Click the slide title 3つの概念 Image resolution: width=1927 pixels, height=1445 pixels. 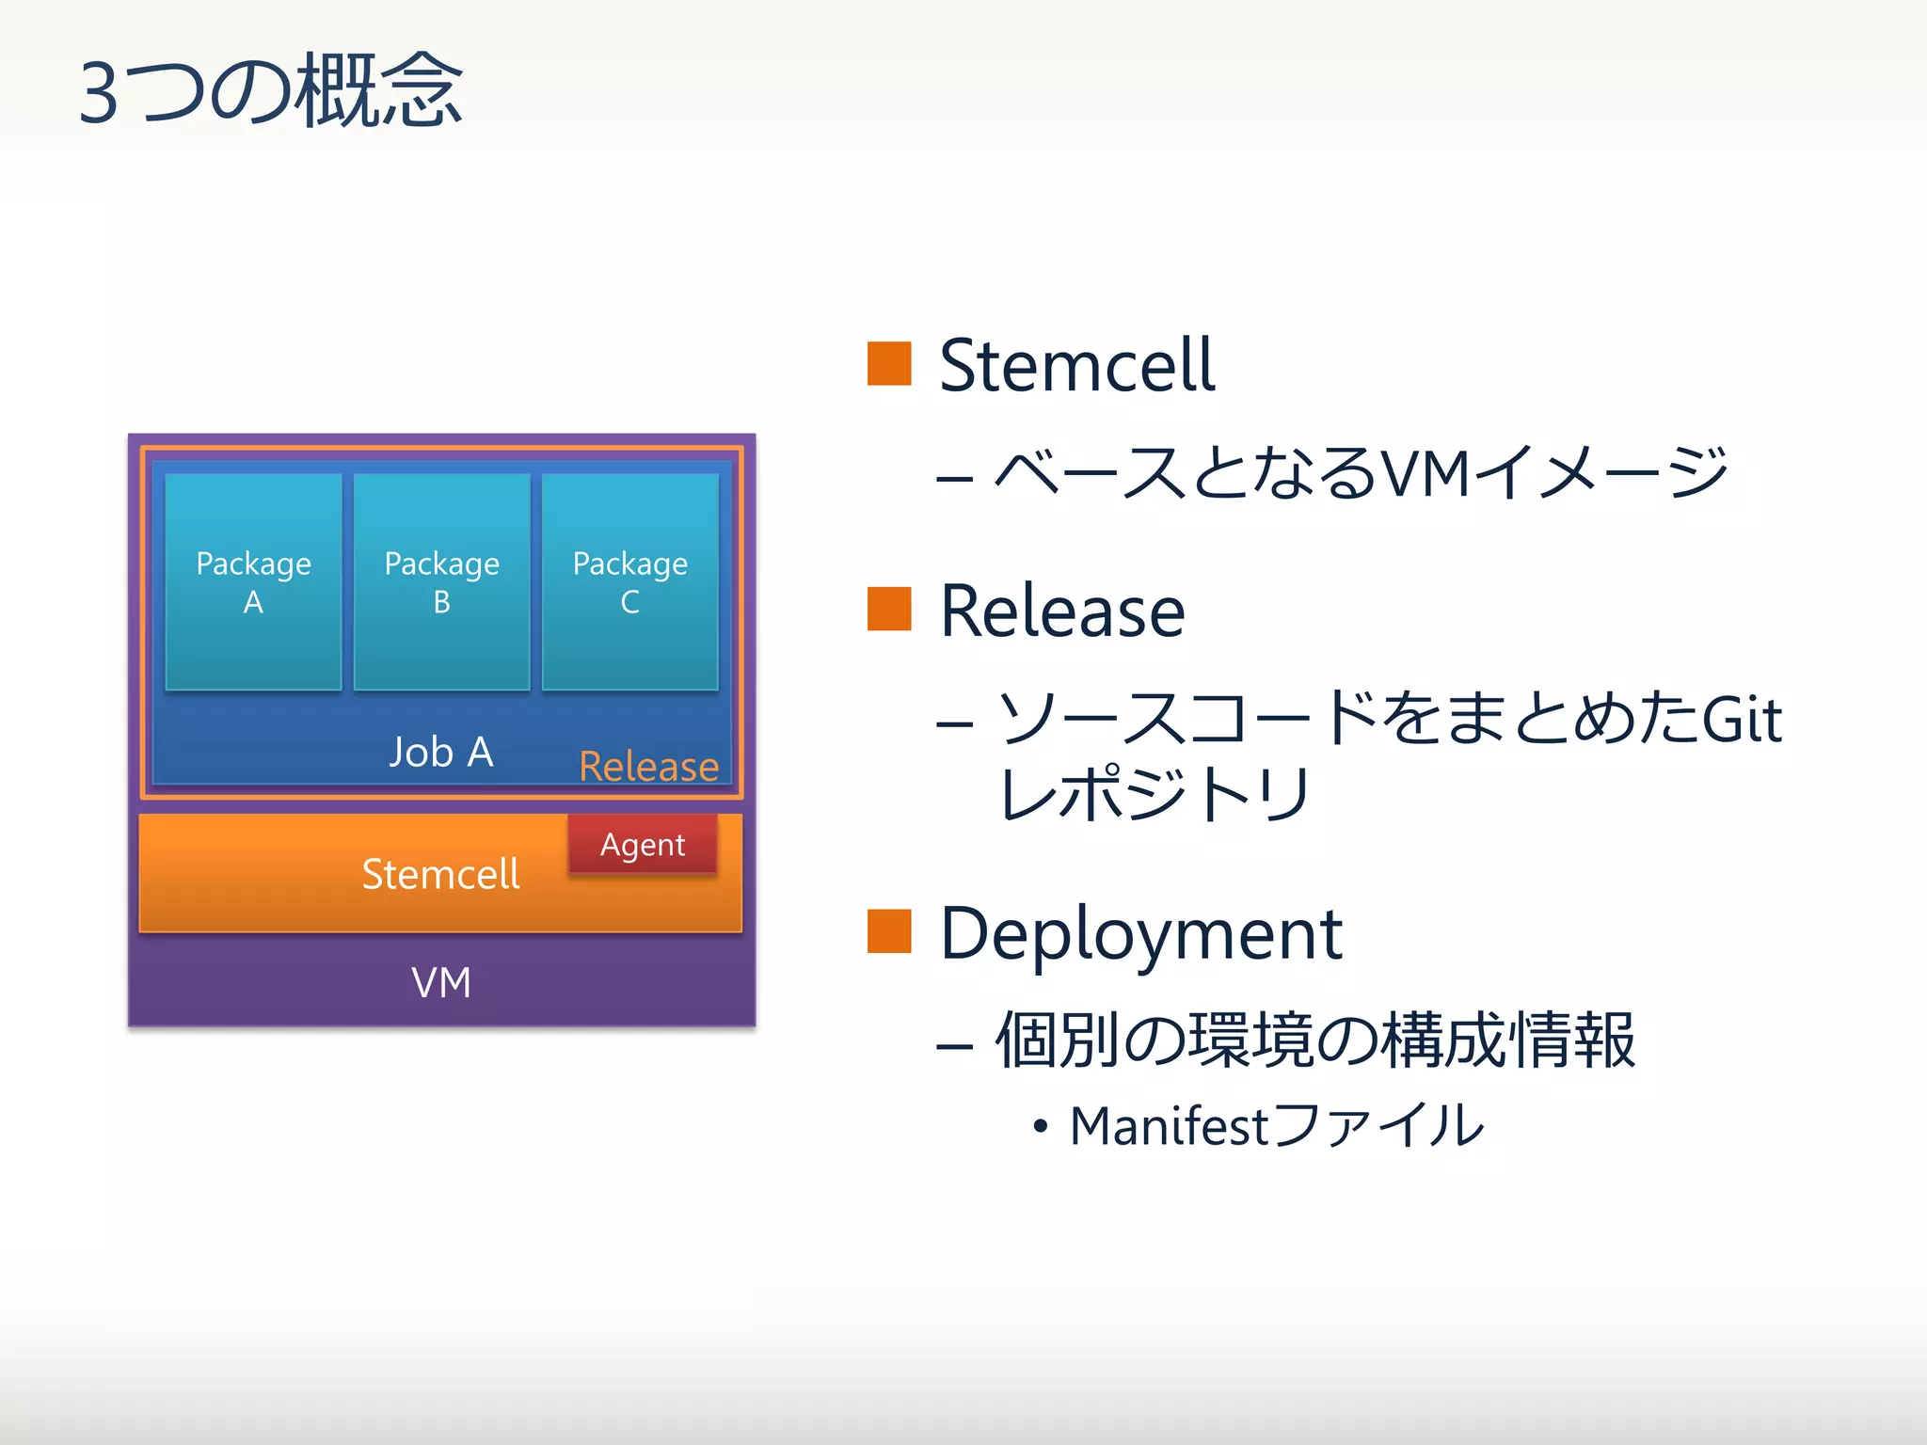271,91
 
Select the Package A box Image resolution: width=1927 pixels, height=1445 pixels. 253,581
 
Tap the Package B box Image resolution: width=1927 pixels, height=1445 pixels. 441,581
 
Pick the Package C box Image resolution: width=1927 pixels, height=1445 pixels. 629,581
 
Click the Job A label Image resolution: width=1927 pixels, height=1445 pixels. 441,753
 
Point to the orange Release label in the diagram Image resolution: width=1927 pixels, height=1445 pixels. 648,767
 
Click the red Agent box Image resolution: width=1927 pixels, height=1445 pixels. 643,844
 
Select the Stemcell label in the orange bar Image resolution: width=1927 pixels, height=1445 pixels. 440,874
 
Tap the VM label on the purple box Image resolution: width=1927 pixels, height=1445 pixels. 441,983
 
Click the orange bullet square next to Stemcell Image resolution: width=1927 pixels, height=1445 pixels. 889,364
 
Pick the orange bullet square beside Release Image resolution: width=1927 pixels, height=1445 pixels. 889,609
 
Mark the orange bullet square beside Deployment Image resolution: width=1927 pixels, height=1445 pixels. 889,931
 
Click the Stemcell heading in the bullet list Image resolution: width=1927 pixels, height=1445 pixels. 1077,365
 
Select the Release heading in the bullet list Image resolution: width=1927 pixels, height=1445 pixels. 1062,611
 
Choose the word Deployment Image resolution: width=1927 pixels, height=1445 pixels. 1140,934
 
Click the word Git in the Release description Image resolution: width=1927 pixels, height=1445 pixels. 1742,720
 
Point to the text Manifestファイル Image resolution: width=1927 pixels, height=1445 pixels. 1277,1125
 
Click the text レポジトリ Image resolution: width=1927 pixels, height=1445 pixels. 1155,793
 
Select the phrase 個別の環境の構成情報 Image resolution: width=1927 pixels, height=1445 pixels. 1315,1040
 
